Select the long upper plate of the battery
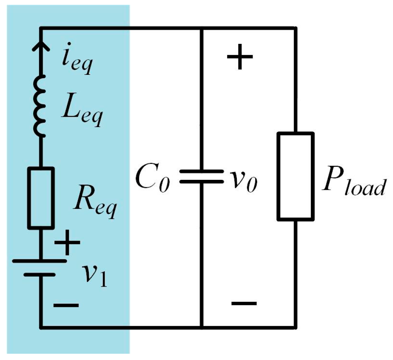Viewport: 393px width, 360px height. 40,261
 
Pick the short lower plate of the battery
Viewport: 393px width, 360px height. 40,274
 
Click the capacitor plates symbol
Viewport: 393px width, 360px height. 201,176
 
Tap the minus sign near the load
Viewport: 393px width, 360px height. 243,303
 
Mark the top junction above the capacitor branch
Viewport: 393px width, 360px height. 201,28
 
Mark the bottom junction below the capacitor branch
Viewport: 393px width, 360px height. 201,327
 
